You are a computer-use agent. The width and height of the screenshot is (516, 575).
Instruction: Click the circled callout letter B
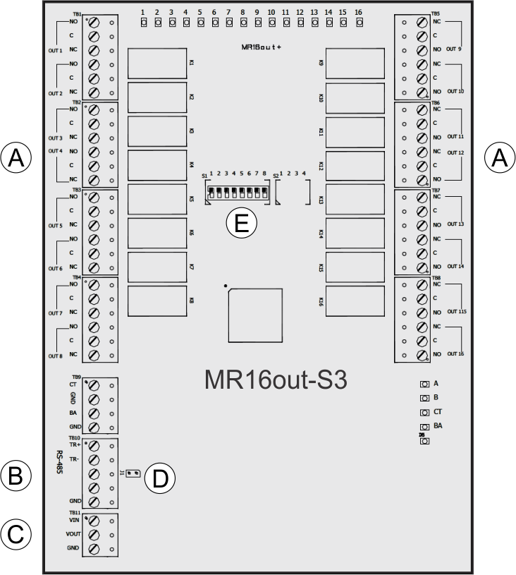tap(16, 476)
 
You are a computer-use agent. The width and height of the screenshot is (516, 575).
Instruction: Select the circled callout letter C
tap(16, 534)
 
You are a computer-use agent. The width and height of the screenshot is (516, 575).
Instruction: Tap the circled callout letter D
tap(160, 479)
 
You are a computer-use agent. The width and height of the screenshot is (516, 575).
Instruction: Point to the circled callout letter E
tap(241, 224)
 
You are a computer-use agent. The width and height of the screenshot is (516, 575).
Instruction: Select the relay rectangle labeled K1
tap(156, 63)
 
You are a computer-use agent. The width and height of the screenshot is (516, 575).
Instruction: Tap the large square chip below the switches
tap(254, 315)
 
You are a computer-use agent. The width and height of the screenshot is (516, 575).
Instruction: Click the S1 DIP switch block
tap(237, 191)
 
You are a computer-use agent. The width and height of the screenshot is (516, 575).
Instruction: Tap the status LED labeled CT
tap(425, 412)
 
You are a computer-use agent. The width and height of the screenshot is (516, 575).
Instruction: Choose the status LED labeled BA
tap(425, 427)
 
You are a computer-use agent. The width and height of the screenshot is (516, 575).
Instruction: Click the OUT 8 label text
tap(56, 356)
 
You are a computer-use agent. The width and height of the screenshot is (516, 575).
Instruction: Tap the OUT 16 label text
tap(456, 353)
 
